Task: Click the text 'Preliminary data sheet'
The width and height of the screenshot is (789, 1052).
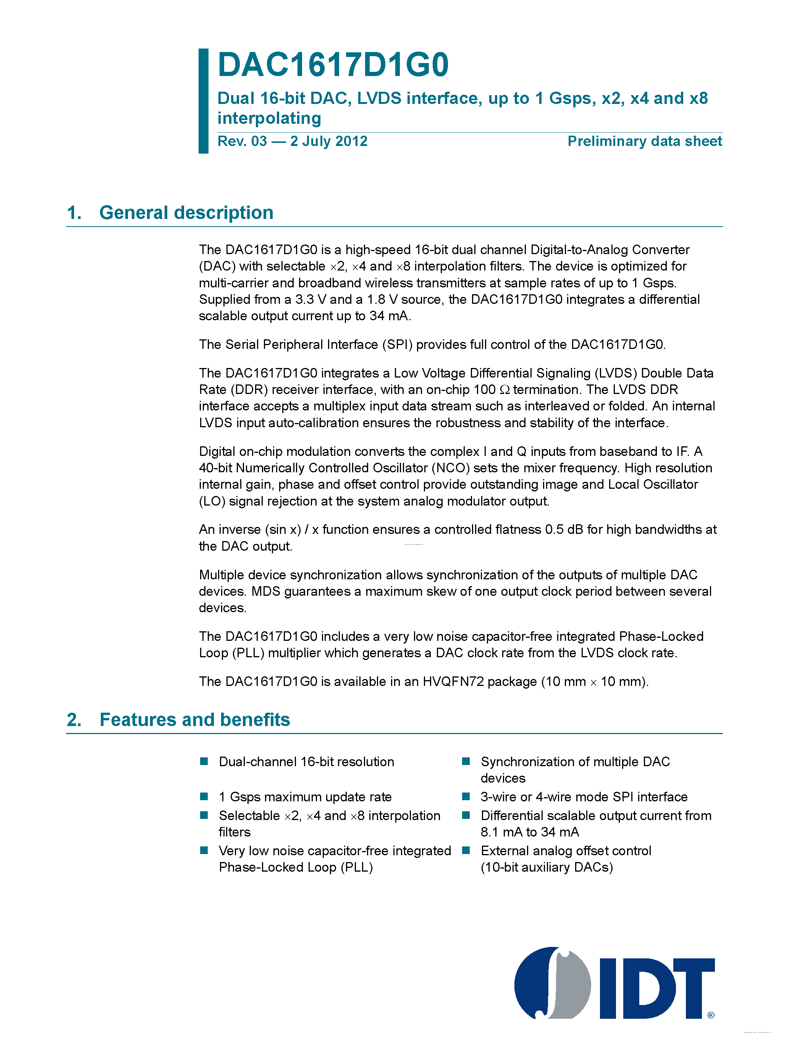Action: click(645, 141)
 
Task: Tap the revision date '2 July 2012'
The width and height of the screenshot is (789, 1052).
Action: click(329, 141)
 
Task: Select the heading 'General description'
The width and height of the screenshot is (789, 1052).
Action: click(186, 212)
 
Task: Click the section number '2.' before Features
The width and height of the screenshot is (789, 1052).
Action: click(74, 720)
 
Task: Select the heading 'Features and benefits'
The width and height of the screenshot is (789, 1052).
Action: click(195, 720)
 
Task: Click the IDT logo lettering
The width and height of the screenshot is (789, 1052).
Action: click(658, 988)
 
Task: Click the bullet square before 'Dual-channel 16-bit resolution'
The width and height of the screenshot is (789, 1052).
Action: click(204, 762)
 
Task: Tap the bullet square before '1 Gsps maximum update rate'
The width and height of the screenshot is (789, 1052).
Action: click(204, 796)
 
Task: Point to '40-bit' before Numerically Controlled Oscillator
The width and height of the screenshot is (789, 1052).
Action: click(215, 468)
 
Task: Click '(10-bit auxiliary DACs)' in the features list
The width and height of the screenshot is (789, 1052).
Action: click(546, 867)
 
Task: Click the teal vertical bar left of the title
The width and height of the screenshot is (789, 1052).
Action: click(204, 101)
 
